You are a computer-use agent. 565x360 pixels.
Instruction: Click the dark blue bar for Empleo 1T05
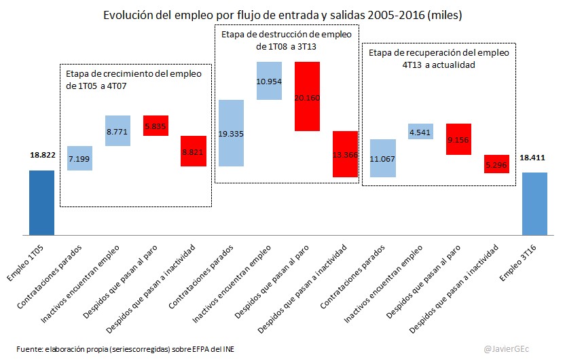[x=41, y=202]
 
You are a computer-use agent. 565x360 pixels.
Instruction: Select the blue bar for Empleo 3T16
[x=534, y=204]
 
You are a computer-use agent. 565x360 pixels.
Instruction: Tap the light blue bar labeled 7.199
[x=79, y=158]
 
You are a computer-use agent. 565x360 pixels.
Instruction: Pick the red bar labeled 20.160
[x=307, y=96]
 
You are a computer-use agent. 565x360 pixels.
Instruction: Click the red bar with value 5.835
[x=156, y=126]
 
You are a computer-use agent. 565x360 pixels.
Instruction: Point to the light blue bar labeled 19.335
[x=232, y=133]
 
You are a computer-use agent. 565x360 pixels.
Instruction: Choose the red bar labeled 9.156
[x=458, y=139]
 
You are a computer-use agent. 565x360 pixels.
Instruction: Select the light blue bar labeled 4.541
[x=420, y=131]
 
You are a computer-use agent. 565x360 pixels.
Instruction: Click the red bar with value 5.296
[x=496, y=164]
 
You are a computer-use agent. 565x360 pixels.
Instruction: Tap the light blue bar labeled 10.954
[x=269, y=81]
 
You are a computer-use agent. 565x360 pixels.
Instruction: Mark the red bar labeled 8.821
[x=194, y=151]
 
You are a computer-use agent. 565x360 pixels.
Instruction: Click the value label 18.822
[x=41, y=155]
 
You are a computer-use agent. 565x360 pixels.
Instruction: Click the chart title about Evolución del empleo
[x=282, y=14]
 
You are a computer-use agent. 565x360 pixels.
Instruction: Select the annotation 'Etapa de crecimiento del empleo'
[x=134, y=74]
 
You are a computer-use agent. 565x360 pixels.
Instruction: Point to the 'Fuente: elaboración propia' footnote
[x=125, y=349]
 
